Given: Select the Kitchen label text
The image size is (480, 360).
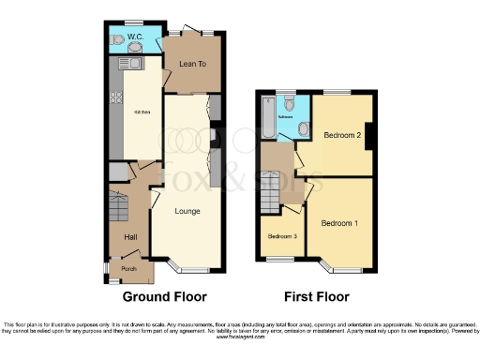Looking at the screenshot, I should pyautogui.click(x=141, y=110).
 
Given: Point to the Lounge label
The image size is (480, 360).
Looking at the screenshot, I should pyautogui.click(x=187, y=211).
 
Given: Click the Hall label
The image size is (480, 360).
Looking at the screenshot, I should pyautogui.click(x=130, y=237).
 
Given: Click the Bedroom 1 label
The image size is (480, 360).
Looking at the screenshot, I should pyautogui.click(x=338, y=223).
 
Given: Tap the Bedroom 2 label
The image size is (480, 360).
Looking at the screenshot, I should pyautogui.click(x=342, y=135).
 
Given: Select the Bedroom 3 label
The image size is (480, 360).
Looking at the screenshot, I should pyautogui.click(x=282, y=236).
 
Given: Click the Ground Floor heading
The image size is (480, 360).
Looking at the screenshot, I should pyautogui.click(x=164, y=296).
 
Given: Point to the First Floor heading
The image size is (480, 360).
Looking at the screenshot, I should pyautogui.click(x=317, y=296).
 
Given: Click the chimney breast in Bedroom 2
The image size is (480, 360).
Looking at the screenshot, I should pyautogui.click(x=370, y=137).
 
